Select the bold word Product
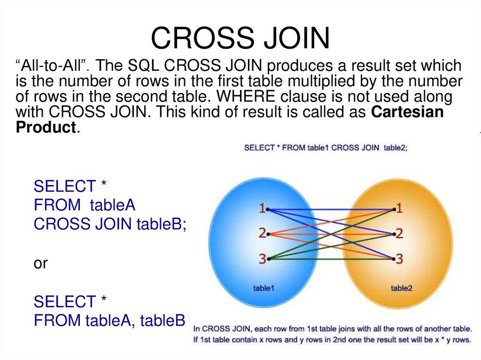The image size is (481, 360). point(46,128)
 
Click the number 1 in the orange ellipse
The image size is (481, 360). point(399,208)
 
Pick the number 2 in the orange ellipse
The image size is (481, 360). point(399,233)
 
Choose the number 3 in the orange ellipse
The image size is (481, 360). point(399,258)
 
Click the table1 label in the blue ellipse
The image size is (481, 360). point(264,288)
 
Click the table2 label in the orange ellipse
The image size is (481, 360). point(402,288)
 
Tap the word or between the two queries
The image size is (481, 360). point(40,263)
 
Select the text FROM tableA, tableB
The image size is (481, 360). point(110,321)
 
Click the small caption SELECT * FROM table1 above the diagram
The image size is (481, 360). point(287,147)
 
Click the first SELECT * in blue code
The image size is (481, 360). point(70,186)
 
